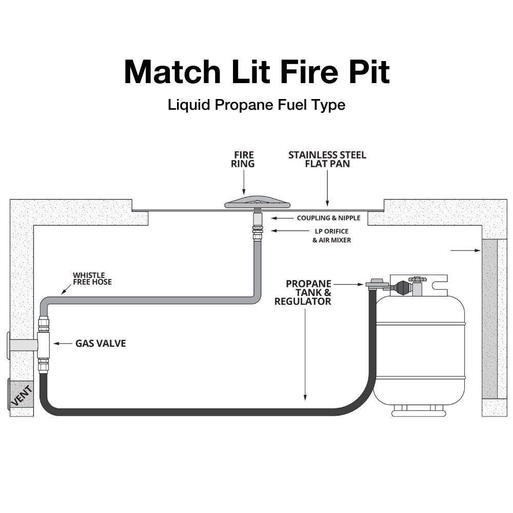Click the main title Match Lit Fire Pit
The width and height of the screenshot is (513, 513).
coord(256,72)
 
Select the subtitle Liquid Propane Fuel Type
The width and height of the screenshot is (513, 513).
coord(256,105)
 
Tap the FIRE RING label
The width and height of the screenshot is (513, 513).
coord(244,159)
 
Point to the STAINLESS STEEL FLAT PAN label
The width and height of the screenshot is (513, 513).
coord(327,159)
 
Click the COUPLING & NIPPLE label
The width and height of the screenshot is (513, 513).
coord(328,218)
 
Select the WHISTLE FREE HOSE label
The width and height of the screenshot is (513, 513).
coord(92,278)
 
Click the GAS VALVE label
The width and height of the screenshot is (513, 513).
coord(101,343)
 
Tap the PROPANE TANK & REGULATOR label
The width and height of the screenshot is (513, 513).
coord(303,292)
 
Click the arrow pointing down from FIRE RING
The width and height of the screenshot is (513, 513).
coord(244,185)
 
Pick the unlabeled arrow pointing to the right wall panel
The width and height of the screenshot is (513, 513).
coord(466,251)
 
